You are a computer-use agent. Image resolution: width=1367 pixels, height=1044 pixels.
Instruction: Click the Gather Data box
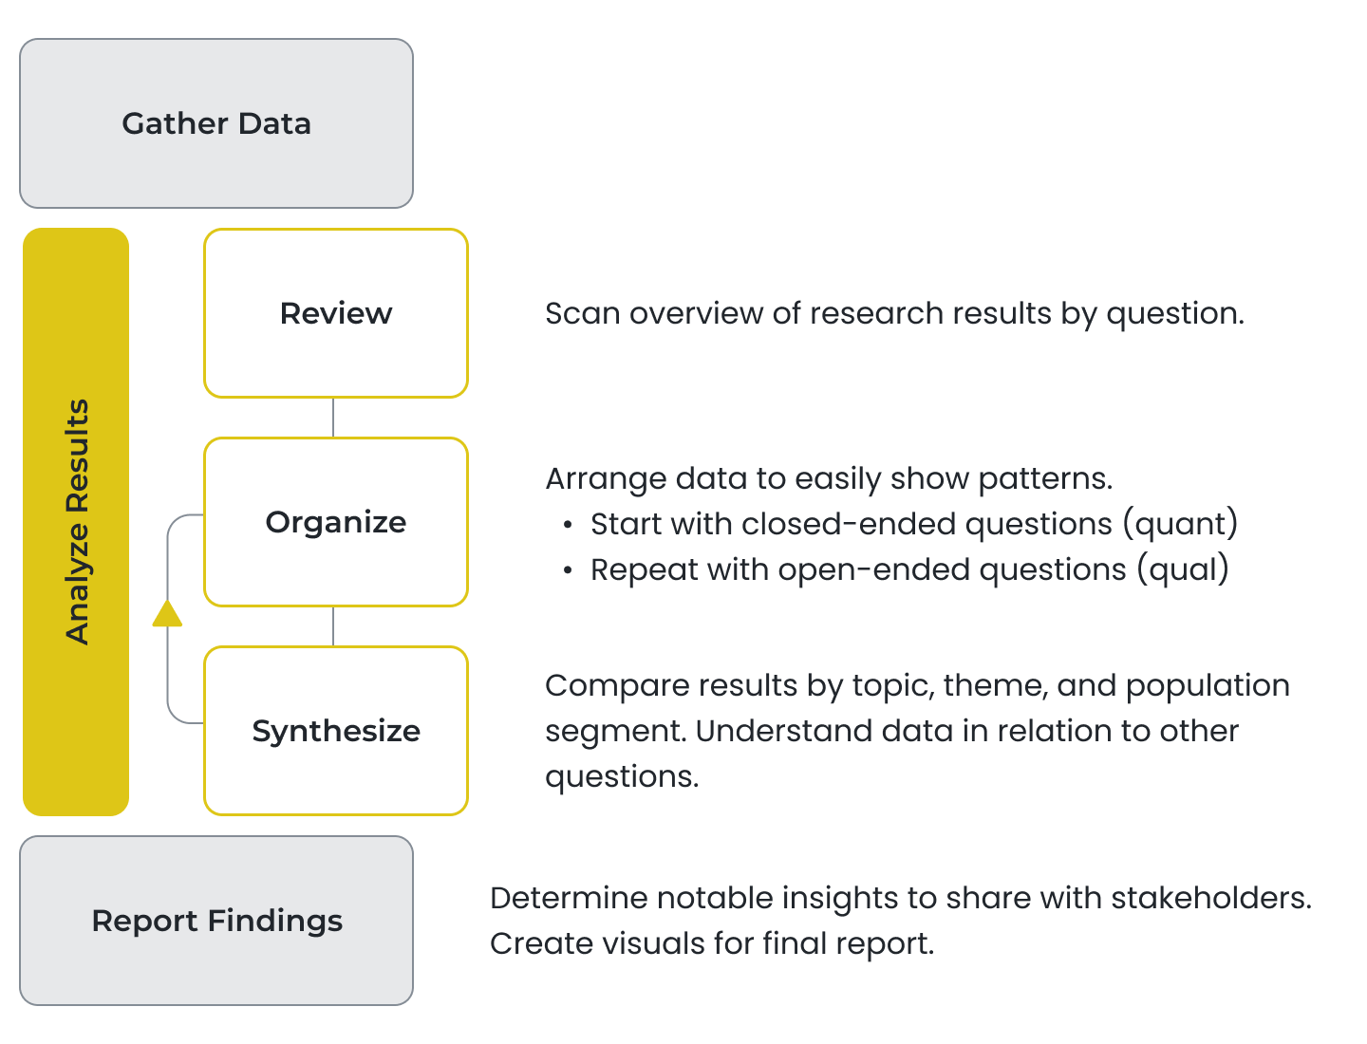tap(216, 123)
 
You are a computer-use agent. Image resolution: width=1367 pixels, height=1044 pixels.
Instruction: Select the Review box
tap(336, 313)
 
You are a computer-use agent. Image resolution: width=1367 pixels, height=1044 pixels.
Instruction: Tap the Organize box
tap(336, 522)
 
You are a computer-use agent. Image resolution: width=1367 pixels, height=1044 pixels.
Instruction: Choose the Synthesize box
tap(336, 731)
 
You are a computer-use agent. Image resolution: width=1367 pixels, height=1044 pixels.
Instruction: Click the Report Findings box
tap(216, 921)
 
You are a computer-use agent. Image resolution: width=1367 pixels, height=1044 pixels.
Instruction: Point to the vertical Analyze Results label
tap(77, 522)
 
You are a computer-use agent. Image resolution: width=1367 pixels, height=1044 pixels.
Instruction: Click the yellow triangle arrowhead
tap(167, 613)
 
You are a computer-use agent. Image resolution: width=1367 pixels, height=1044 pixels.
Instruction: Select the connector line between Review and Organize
tap(333, 418)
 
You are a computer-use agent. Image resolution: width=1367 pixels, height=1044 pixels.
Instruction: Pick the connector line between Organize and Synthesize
tap(333, 626)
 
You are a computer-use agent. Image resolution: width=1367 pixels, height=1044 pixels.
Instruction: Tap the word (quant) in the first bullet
tap(1180, 524)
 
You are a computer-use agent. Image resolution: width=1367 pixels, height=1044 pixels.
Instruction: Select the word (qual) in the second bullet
tap(1183, 569)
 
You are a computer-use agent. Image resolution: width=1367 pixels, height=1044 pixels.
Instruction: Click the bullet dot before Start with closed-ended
tap(568, 526)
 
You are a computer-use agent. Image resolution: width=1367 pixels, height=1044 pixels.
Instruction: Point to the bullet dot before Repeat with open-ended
tap(568, 570)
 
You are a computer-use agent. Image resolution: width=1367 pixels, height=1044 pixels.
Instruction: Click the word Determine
tap(570, 898)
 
